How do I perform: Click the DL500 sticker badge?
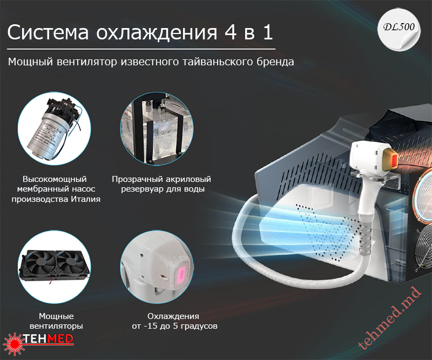pyautogui.click(x=399, y=30)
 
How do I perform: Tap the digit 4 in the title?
pyautogui.click(x=231, y=32)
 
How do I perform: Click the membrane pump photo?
pyautogui.click(x=55, y=128)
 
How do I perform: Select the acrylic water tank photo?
pyautogui.click(x=157, y=128)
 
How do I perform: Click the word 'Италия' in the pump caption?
pyautogui.click(x=85, y=199)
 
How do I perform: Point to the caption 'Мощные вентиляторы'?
pyautogui.click(x=56, y=321)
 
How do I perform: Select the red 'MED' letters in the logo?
pyautogui.click(x=60, y=339)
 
